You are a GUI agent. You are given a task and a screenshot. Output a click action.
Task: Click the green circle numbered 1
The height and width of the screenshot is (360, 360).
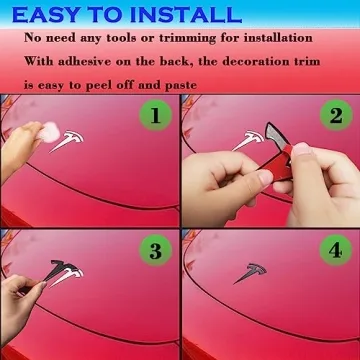click(x=156, y=115)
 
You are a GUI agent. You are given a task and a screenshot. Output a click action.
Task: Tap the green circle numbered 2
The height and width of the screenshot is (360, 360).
click(x=336, y=115)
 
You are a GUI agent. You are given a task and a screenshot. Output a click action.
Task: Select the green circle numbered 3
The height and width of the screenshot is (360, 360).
click(x=156, y=250)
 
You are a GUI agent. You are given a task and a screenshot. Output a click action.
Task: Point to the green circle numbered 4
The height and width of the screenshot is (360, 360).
click(x=336, y=250)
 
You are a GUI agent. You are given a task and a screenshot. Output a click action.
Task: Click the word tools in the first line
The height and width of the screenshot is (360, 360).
click(x=119, y=38)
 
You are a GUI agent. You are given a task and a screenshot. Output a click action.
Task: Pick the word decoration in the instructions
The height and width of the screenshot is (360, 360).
click(x=247, y=62)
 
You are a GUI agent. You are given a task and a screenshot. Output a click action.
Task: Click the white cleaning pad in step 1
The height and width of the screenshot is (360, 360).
click(x=49, y=133)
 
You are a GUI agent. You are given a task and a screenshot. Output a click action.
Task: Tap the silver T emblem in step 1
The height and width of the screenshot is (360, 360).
click(x=68, y=139)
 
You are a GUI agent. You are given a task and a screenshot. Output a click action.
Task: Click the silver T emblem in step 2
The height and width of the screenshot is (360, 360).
click(x=249, y=139)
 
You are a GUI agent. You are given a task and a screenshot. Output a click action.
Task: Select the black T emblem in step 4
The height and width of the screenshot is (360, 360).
click(x=252, y=272)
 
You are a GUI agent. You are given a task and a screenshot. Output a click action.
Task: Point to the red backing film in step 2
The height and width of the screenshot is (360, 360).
click(x=276, y=163)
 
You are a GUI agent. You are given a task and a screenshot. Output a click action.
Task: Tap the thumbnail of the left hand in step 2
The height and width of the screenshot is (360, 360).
click(x=266, y=178)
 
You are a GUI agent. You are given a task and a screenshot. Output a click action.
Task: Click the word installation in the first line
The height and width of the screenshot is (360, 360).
click(x=278, y=38)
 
